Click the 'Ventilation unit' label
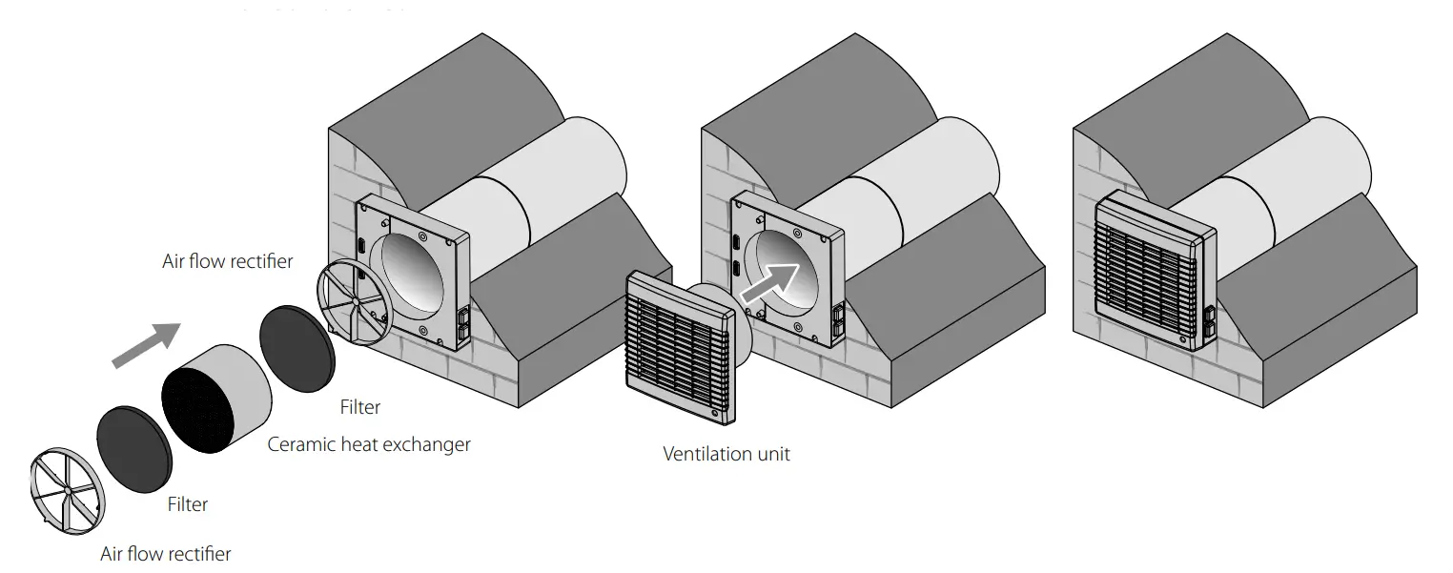(x=726, y=454)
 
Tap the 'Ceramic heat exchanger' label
(x=369, y=444)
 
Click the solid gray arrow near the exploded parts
(x=146, y=343)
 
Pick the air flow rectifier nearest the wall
(x=355, y=301)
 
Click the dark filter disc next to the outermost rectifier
(x=134, y=446)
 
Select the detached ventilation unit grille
(x=680, y=346)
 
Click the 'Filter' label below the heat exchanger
(x=187, y=504)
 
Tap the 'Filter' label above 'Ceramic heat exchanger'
(x=360, y=407)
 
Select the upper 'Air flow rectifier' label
(x=228, y=261)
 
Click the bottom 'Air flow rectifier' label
(x=166, y=553)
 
